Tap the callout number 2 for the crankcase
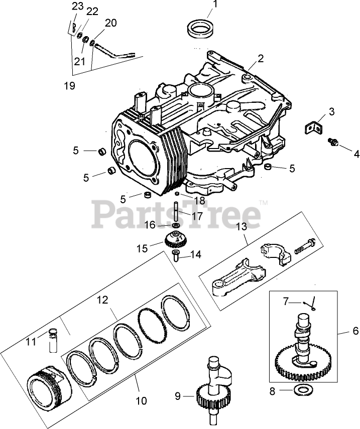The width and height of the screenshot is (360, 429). tap(261, 59)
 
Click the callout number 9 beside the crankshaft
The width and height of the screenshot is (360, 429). tap(177, 396)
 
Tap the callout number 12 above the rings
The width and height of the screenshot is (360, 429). tap(102, 301)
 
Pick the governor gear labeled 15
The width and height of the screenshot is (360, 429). tap(175, 240)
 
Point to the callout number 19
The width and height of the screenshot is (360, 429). tap(69, 85)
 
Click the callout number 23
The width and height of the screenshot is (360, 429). tap(77, 6)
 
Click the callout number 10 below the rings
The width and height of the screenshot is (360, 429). tap(141, 400)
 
